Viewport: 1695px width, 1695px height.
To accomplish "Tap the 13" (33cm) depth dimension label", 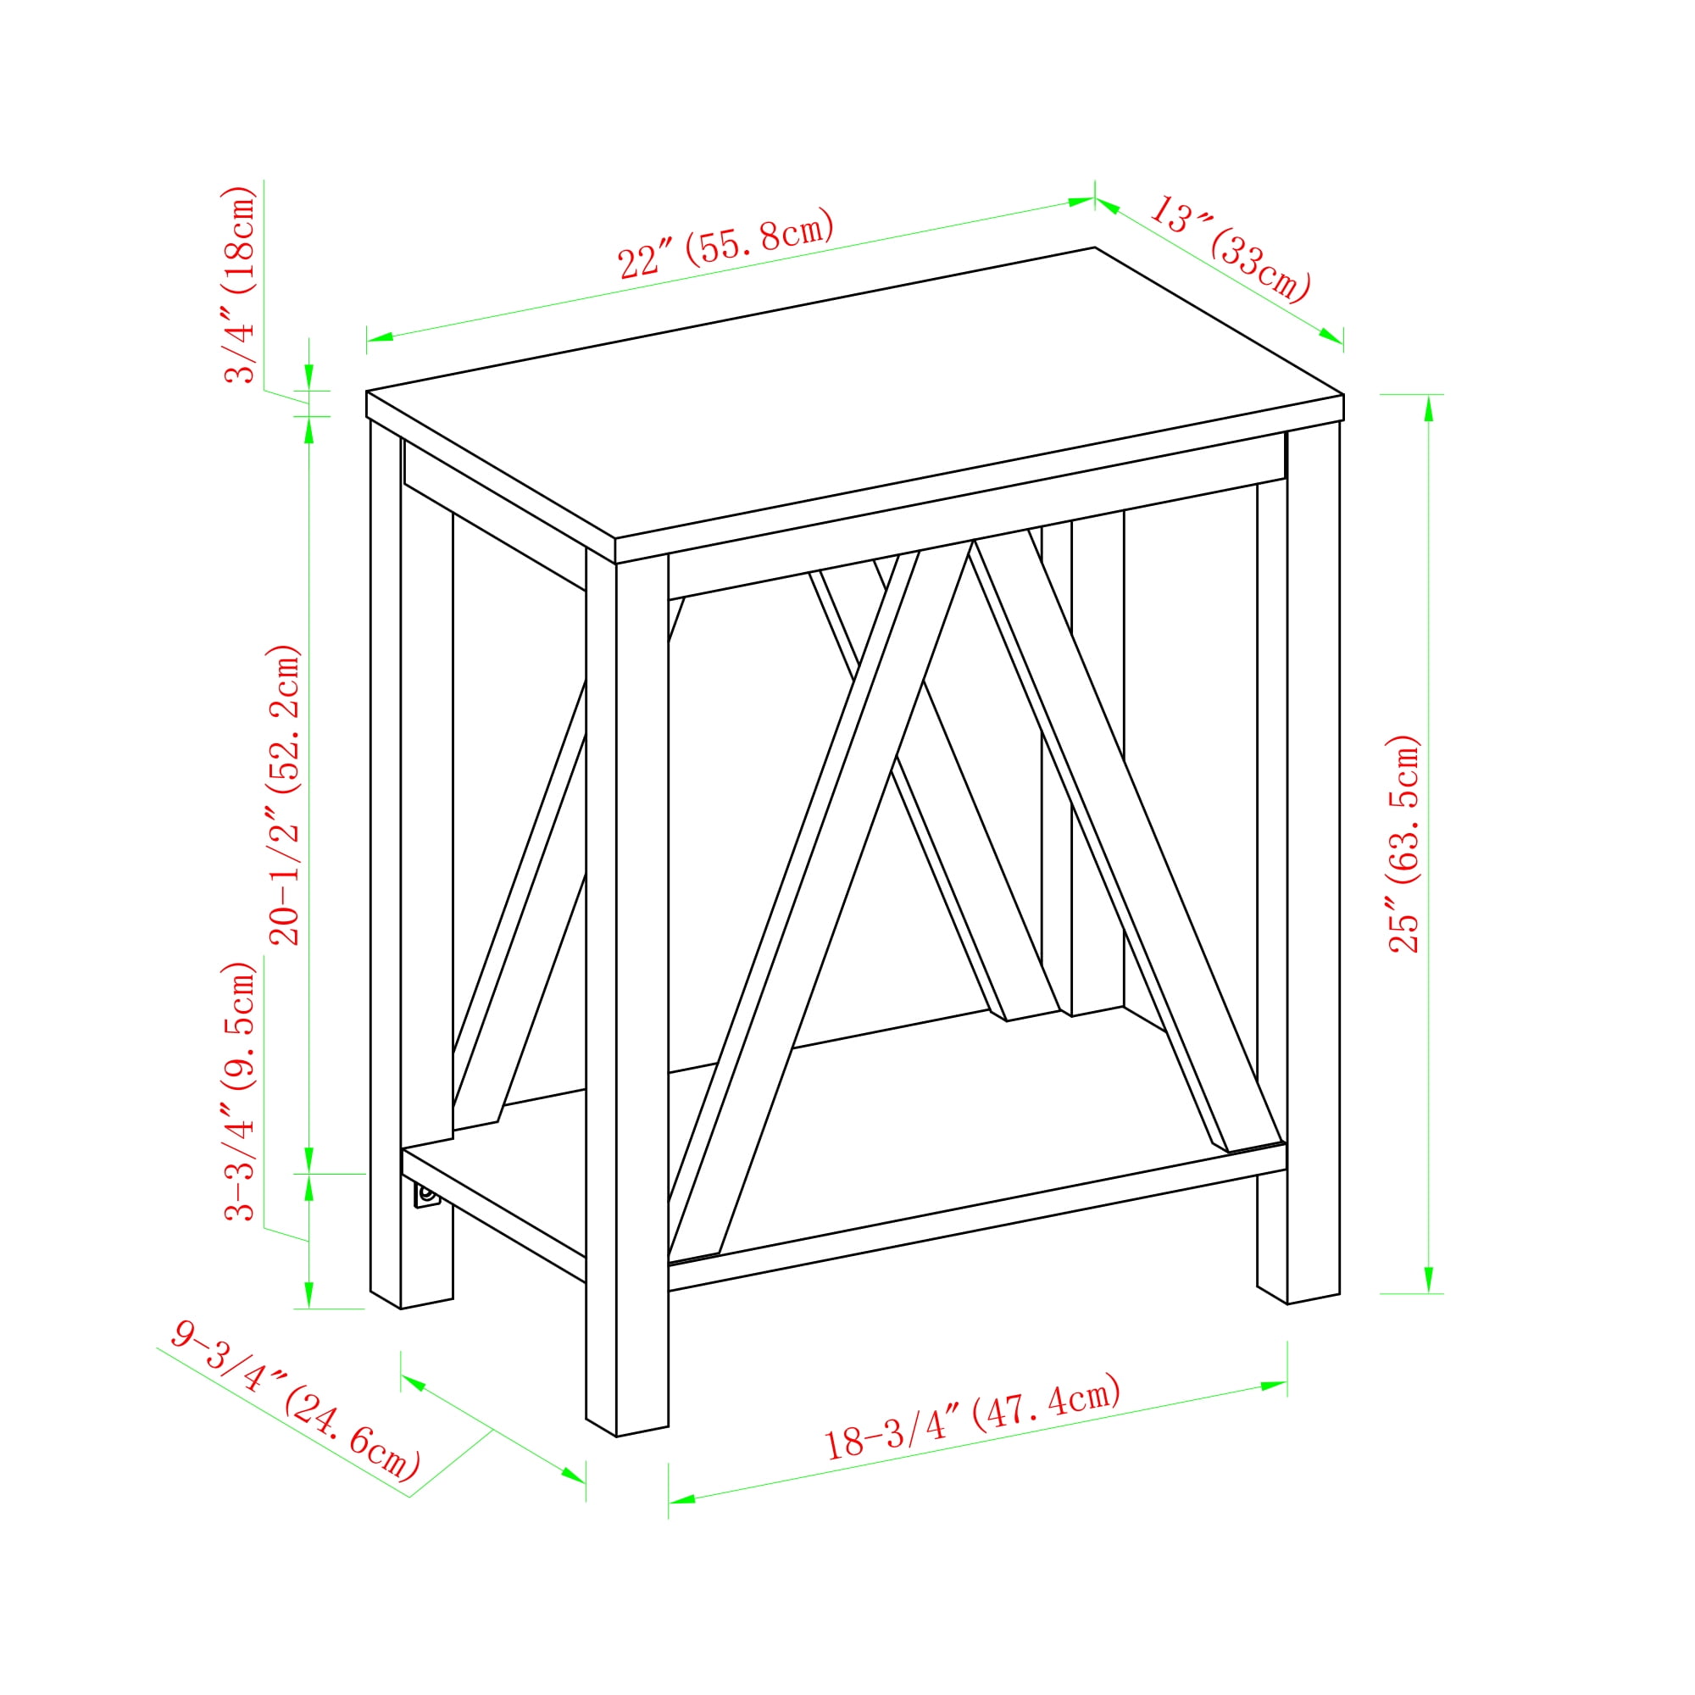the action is coord(1229,249).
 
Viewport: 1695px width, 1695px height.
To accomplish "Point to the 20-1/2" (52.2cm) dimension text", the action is coord(284,795).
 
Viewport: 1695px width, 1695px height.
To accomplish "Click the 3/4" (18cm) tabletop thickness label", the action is coord(240,284).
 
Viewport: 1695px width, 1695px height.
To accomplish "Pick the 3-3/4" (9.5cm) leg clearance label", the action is coord(240,1091).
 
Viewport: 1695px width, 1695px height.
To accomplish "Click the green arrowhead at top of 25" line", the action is coord(1428,408).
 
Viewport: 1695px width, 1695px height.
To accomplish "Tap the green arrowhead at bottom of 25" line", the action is coord(1428,1279).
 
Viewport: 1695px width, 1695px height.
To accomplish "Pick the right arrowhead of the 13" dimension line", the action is coord(1331,336).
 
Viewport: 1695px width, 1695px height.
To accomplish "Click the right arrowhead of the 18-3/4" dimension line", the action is coord(1274,1386).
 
